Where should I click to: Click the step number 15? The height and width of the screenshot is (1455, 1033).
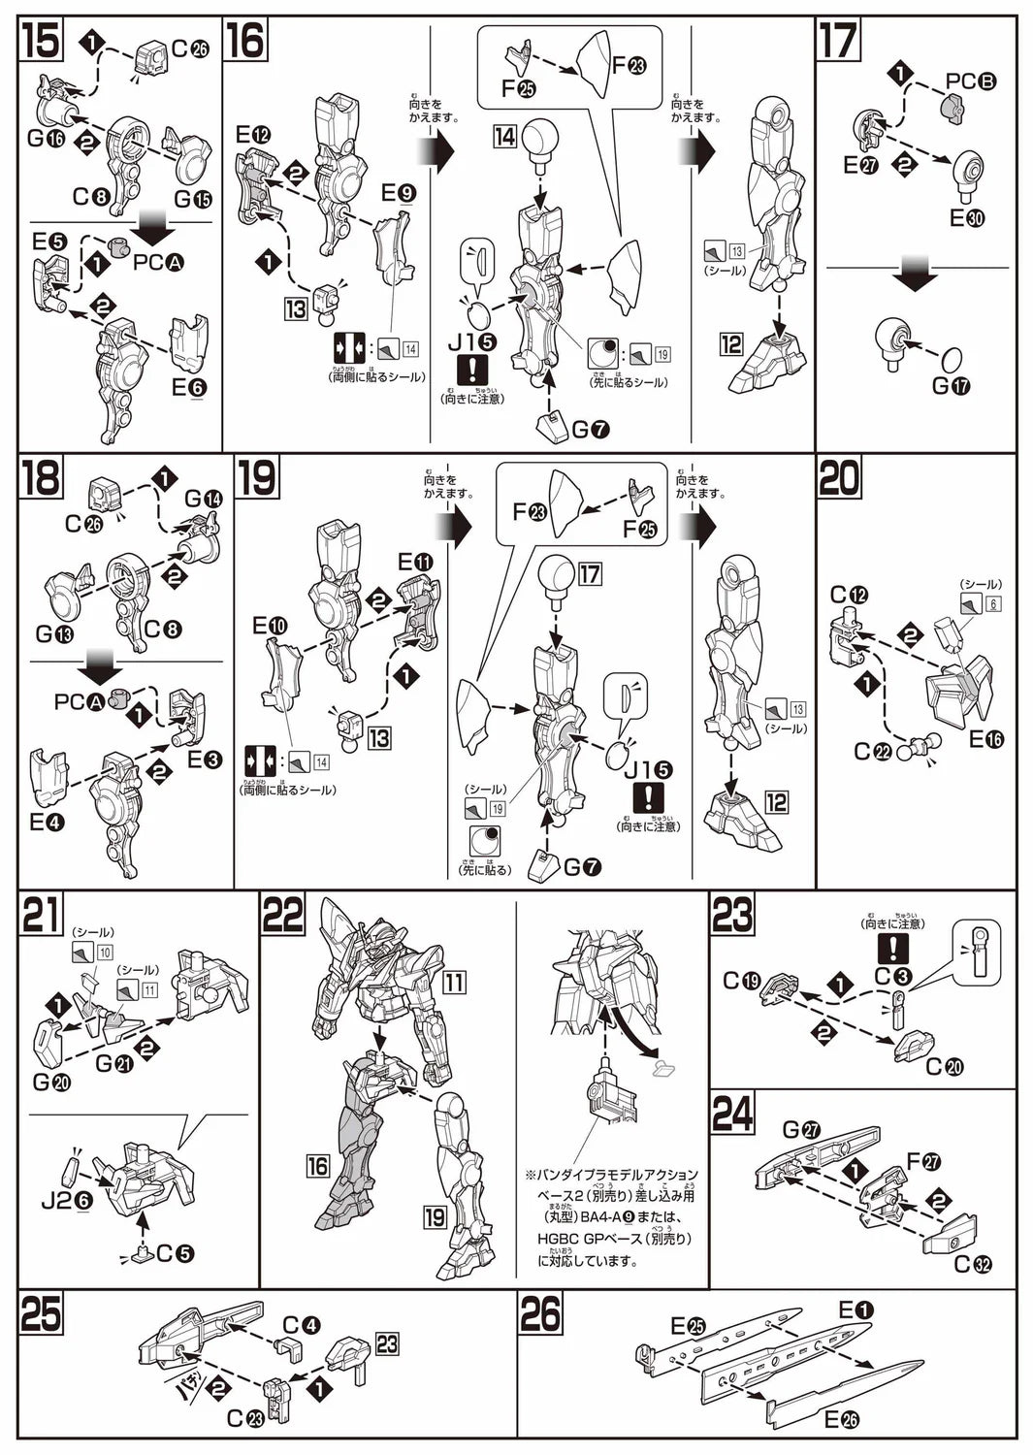[40, 41]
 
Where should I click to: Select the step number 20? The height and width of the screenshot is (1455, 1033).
[839, 478]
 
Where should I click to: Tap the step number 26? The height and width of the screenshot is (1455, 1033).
[540, 1314]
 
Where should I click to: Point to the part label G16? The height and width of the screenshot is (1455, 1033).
[46, 139]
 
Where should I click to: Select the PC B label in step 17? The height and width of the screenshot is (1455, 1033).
[971, 82]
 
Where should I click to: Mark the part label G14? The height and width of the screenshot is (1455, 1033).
[203, 499]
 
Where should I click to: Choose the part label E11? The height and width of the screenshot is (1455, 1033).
[415, 562]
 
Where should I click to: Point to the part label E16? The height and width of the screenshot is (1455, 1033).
[985, 740]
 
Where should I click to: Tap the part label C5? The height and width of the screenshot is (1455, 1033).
[175, 1253]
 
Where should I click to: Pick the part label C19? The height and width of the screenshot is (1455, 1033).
[742, 981]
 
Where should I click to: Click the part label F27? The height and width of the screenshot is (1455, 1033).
[925, 1161]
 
